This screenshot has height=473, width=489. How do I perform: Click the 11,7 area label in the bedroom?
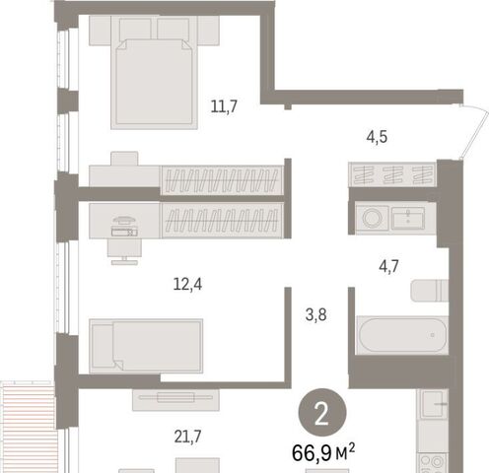[x=224, y=106]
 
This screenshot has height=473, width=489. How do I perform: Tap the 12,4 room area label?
[x=187, y=284]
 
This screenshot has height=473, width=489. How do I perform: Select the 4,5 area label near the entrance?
[x=377, y=137]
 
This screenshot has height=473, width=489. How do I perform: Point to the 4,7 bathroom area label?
[x=388, y=266]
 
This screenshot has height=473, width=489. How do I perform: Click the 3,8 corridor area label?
[x=315, y=315]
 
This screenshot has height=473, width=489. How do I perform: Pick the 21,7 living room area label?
[x=187, y=437]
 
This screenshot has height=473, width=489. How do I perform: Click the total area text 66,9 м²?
[x=323, y=452]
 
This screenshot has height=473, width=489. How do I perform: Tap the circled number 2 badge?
[x=322, y=413]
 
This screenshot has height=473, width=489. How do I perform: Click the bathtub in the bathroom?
[x=402, y=335]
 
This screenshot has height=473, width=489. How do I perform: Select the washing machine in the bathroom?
[x=373, y=218]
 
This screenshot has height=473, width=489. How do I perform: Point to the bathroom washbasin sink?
[x=408, y=218]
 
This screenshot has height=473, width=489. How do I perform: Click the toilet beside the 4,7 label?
[x=430, y=291]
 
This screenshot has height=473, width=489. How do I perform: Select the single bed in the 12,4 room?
[x=146, y=346]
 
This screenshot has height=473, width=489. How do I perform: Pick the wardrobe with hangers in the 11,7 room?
[x=222, y=180]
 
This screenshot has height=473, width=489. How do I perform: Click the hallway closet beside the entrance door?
[x=392, y=174]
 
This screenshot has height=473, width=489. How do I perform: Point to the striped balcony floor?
[x=27, y=427]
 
